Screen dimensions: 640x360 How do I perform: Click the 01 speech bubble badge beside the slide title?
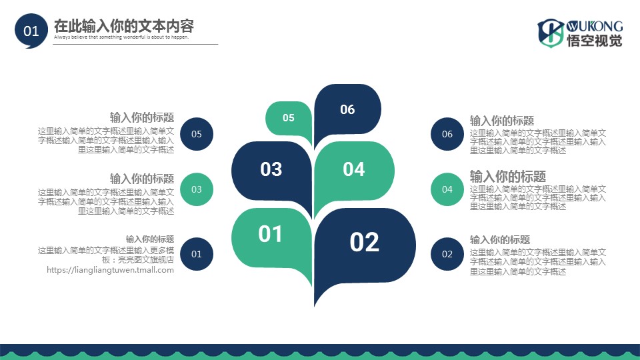click(x=31, y=31)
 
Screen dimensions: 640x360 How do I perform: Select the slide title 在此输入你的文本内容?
click(x=124, y=26)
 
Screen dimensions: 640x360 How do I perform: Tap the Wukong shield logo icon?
click(x=551, y=33)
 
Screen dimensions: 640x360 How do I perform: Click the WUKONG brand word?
click(x=594, y=26)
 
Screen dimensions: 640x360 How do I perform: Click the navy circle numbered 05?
click(x=196, y=134)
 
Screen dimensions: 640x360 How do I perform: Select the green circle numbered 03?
click(x=196, y=189)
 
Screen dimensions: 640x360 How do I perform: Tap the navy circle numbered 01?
click(x=196, y=254)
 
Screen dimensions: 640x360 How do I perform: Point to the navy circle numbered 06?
click(x=447, y=134)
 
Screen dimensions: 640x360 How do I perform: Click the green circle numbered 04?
click(x=447, y=189)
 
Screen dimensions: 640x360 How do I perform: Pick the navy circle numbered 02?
click(x=447, y=254)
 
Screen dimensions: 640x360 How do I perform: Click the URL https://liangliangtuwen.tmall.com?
click(x=110, y=270)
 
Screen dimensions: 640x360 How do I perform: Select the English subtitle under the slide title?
click(x=121, y=37)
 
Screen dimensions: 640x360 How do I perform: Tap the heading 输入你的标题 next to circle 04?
click(x=508, y=176)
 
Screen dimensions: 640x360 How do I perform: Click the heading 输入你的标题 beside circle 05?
click(x=142, y=117)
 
